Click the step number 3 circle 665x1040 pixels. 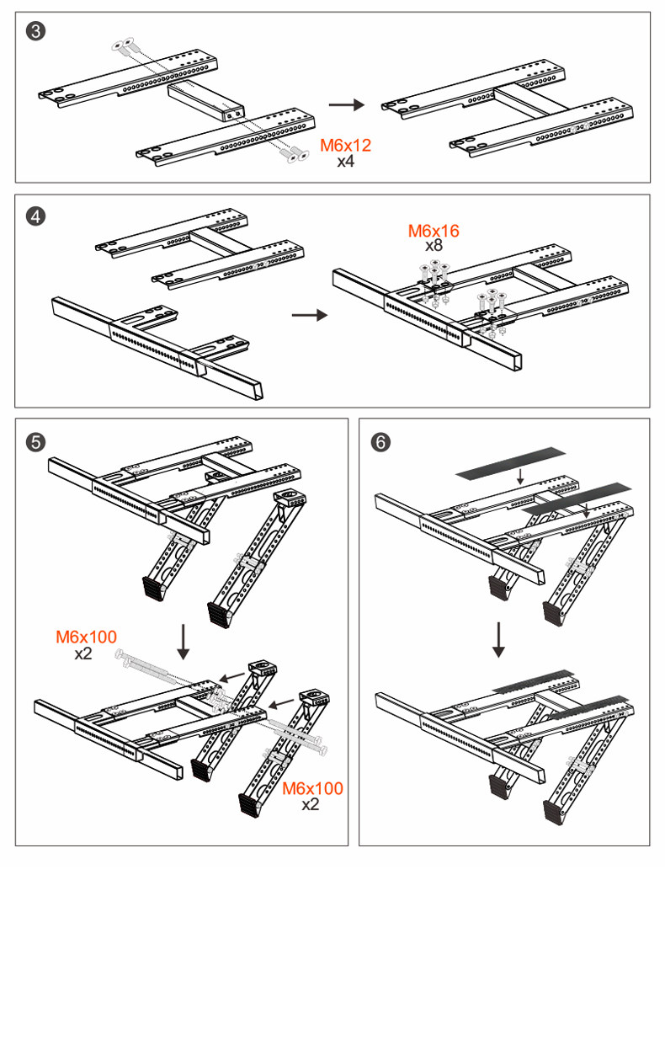(x=36, y=32)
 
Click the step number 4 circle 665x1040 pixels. (x=36, y=216)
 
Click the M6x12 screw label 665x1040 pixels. (x=345, y=146)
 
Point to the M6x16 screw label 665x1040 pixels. (x=434, y=231)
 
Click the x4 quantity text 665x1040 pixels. (x=345, y=161)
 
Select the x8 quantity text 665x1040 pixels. (x=434, y=246)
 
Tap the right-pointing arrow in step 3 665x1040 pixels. (x=345, y=104)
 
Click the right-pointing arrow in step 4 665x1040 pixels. (x=309, y=315)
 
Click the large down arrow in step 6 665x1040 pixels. (x=498, y=640)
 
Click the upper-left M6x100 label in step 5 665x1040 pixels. (x=86, y=637)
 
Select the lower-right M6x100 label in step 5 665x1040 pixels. (x=312, y=789)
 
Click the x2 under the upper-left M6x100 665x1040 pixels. (x=82, y=653)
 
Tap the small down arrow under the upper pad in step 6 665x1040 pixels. (x=520, y=477)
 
